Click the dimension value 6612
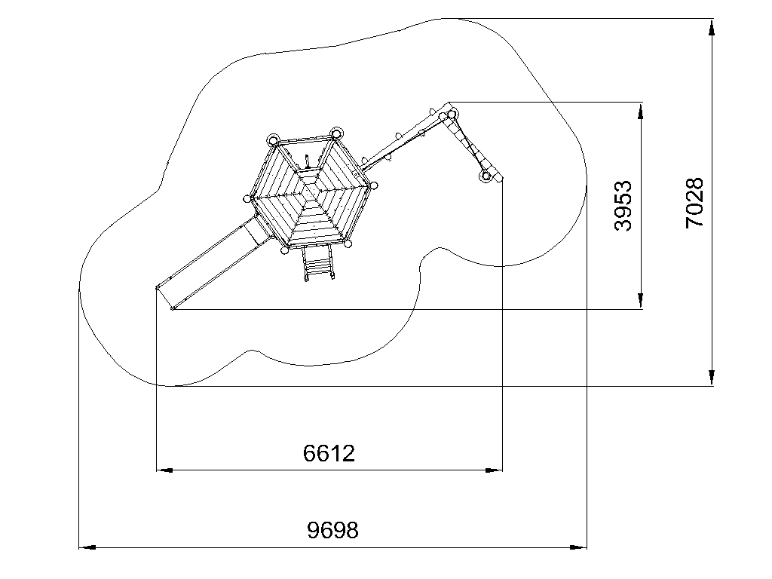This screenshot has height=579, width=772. [329, 453]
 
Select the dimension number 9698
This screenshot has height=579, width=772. [332, 530]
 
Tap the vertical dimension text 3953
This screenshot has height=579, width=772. [623, 205]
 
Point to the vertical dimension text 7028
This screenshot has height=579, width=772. [694, 203]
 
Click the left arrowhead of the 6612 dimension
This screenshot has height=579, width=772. [164, 470]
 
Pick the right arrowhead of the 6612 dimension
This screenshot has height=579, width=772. [495, 470]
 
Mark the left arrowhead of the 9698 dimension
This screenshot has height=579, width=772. [87, 547]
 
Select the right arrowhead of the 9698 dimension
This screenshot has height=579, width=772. [578, 547]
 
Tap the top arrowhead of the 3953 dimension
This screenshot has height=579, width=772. [640, 111]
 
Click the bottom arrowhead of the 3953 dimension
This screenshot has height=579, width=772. [640, 300]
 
